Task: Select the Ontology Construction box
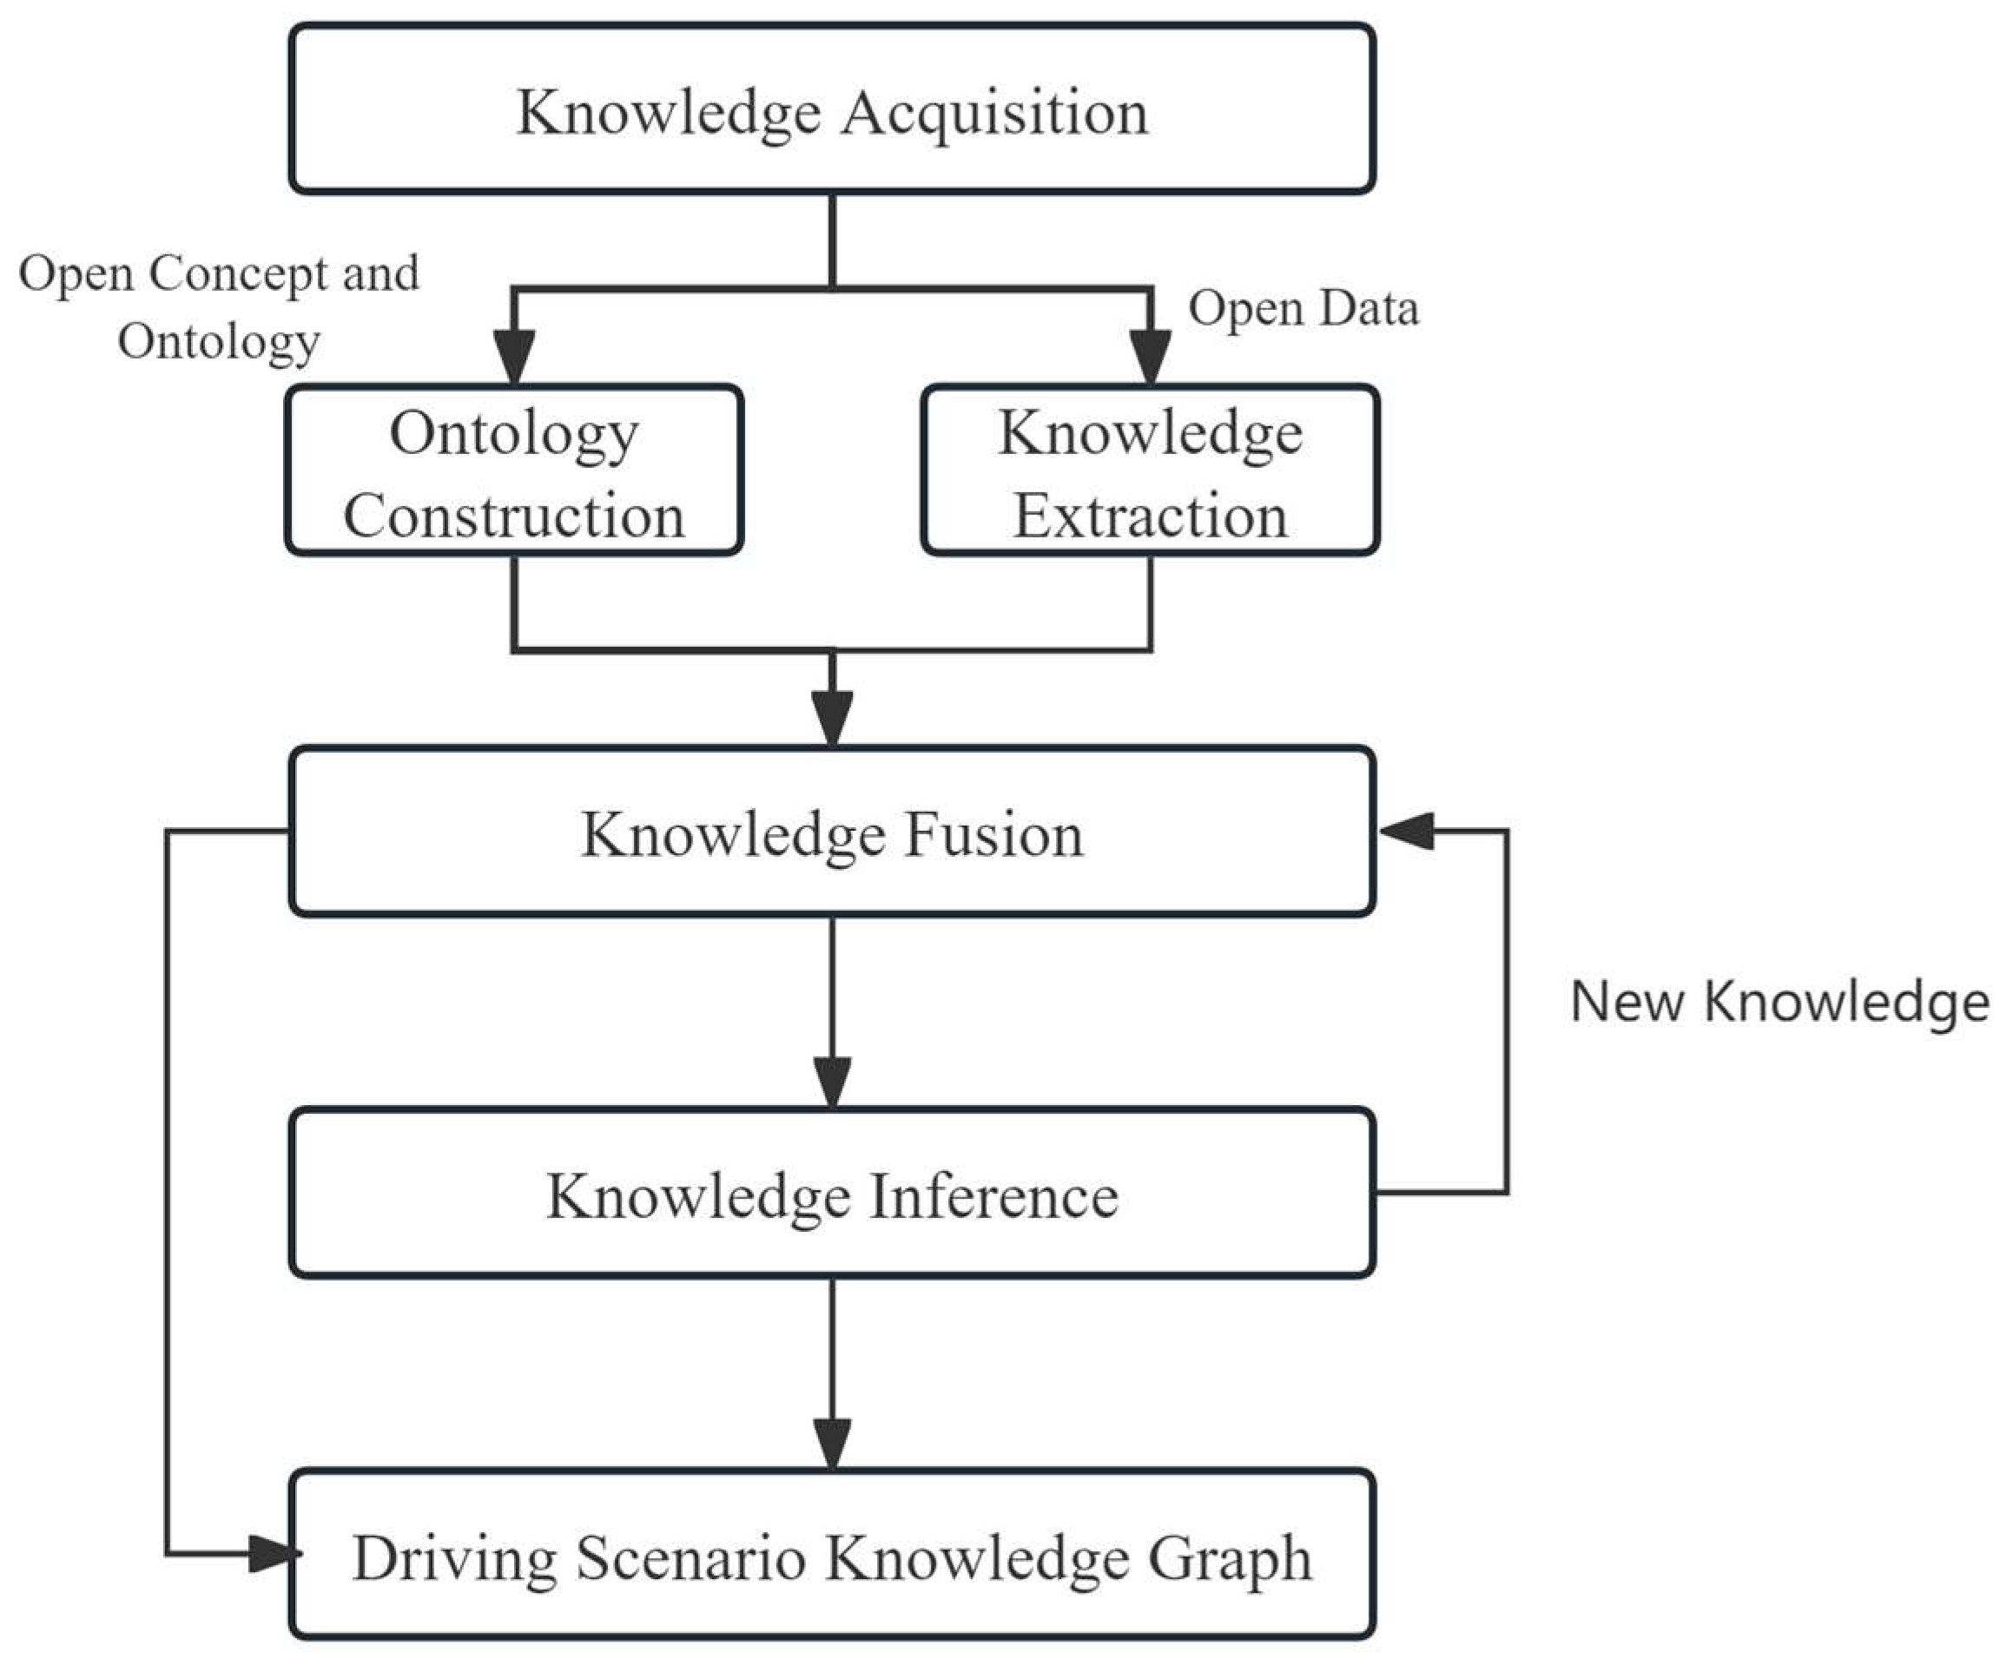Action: click(514, 470)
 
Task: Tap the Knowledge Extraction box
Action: click(1149, 470)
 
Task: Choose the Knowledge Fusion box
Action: click(831, 832)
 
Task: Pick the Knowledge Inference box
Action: click(831, 1193)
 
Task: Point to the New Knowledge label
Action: click(1778, 1002)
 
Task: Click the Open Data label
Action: click(1303, 308)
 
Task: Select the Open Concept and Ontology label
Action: click(220, 306)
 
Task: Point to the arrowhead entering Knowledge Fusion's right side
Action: click(1406, 831)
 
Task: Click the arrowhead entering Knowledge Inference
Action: click(832, 1081)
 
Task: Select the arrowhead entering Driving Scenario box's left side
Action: click(269, 1554)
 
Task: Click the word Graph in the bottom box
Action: click(1230, 1559)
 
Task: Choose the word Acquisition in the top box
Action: click(994, 113)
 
